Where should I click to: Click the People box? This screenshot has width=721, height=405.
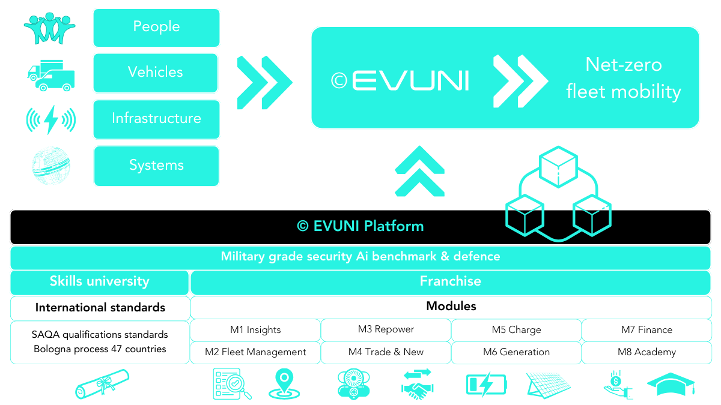(x=156, y=28)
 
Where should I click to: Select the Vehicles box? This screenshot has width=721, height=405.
(x=155, y=73)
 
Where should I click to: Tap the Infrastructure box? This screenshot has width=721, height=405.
(x=156, y=119)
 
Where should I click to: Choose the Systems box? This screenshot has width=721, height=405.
(x=156, y=166)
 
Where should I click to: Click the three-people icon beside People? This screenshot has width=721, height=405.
(x=49, y=27)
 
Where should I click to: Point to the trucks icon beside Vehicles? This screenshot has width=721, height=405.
(x=52, y=75)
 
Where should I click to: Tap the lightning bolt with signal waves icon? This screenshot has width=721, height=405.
(x=51, y=119)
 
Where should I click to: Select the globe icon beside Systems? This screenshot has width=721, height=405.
(x=51, y=165)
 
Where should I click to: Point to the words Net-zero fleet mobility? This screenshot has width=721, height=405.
(x=624, y=78)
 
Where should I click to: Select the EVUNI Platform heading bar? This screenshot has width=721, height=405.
(x=360, y=226)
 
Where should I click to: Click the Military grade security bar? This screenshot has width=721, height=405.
(x=360, y=257)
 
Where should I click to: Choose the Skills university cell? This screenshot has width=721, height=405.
(x=100, y=281)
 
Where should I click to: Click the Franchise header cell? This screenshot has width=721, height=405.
(x=451, y=281)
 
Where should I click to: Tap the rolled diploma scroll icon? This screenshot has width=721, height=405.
(x=102, y=384)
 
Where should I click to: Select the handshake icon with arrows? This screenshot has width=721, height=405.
(x=418, y=384)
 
